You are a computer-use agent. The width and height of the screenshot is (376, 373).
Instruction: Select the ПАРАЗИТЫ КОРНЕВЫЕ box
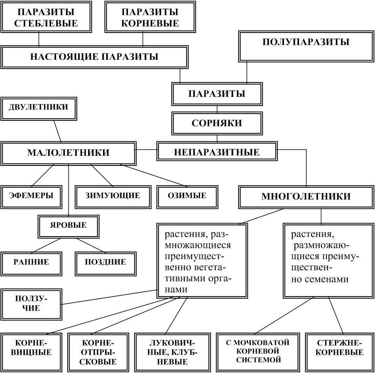(150, 17)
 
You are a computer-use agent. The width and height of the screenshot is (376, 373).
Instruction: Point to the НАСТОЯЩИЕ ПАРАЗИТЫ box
(94, 57)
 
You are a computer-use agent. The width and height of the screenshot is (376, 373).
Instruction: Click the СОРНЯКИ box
(216, 123)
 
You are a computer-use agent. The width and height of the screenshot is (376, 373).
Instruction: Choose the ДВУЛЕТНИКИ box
(38, 108)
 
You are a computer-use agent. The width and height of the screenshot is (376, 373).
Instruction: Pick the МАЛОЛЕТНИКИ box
(68, 153)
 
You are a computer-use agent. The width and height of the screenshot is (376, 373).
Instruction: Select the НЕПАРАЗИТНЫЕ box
(216, 152)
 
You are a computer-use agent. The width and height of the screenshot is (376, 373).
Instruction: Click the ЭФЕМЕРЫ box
(31, 195)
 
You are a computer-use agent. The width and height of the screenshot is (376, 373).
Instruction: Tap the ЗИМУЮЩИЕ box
(113, 195)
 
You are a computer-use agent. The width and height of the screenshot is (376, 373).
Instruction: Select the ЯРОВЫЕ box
(68, 225)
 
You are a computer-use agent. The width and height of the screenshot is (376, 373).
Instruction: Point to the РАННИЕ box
(31, 262)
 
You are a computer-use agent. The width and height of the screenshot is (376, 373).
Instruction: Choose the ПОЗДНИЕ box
(105, 262)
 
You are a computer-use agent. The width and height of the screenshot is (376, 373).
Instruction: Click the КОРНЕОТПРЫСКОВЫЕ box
(99, 352)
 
